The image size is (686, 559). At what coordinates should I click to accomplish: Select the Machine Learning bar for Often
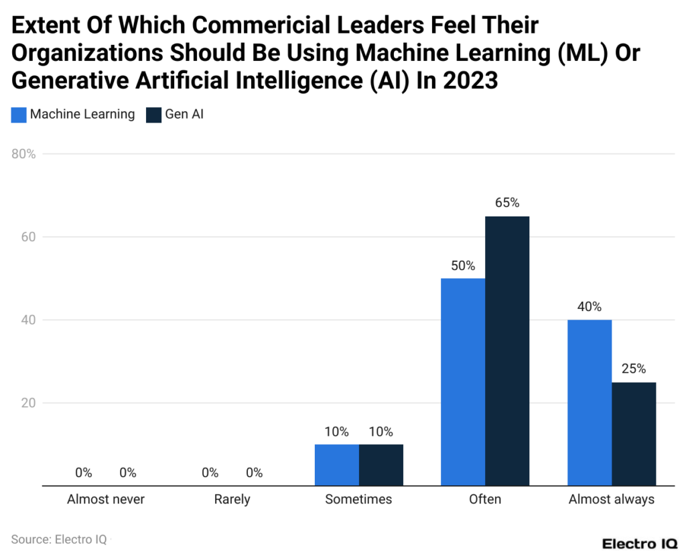pos(463,381)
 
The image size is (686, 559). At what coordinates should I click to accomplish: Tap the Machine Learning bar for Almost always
pos(590,402)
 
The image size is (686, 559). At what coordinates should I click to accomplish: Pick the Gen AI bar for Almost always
pos(634,434)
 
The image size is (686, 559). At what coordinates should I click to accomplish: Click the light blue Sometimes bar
pos(336,464)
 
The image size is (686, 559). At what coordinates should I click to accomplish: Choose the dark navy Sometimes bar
pos(381,464)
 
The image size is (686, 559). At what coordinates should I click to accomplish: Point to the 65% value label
pos(507,203)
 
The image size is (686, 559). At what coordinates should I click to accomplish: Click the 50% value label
pos(463,265)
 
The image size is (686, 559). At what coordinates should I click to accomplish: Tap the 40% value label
pos(590,307)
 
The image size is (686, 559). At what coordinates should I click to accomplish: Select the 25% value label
pos(634,369)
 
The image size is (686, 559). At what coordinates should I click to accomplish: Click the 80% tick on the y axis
pos(23,154)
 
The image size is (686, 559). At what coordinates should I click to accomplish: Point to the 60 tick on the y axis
pos(28,237)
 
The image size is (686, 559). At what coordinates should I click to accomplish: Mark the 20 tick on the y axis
pos(28,403)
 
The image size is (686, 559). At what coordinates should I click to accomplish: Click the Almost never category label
pos(106,499)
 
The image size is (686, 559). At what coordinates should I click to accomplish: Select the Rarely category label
pos(232,499)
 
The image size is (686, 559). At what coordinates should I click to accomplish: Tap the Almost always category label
pos(612,499)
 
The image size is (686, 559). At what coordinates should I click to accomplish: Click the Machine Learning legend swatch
pos(19,115)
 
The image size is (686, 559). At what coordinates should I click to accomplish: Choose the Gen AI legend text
pos(184,115)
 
